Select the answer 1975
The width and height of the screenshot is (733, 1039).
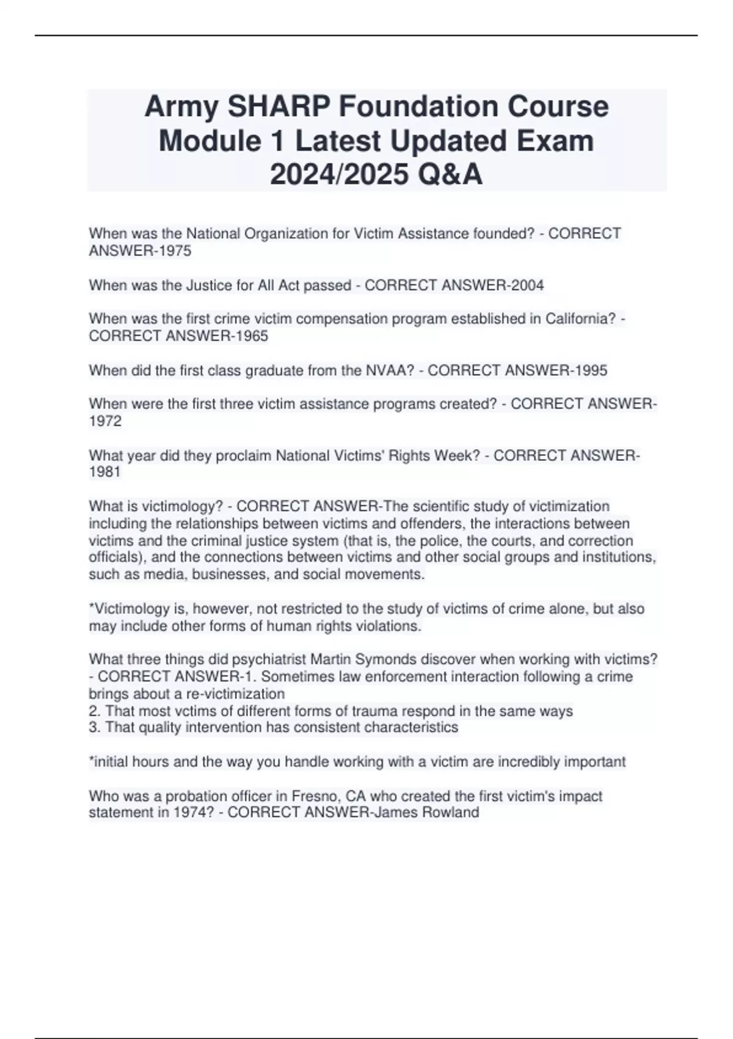pyautogui.click(x=173, y=251)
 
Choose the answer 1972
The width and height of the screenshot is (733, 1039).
pyautogui.click(x=105, y=421)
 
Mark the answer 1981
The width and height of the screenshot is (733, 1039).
pyautogui.click(x=105, y=472)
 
